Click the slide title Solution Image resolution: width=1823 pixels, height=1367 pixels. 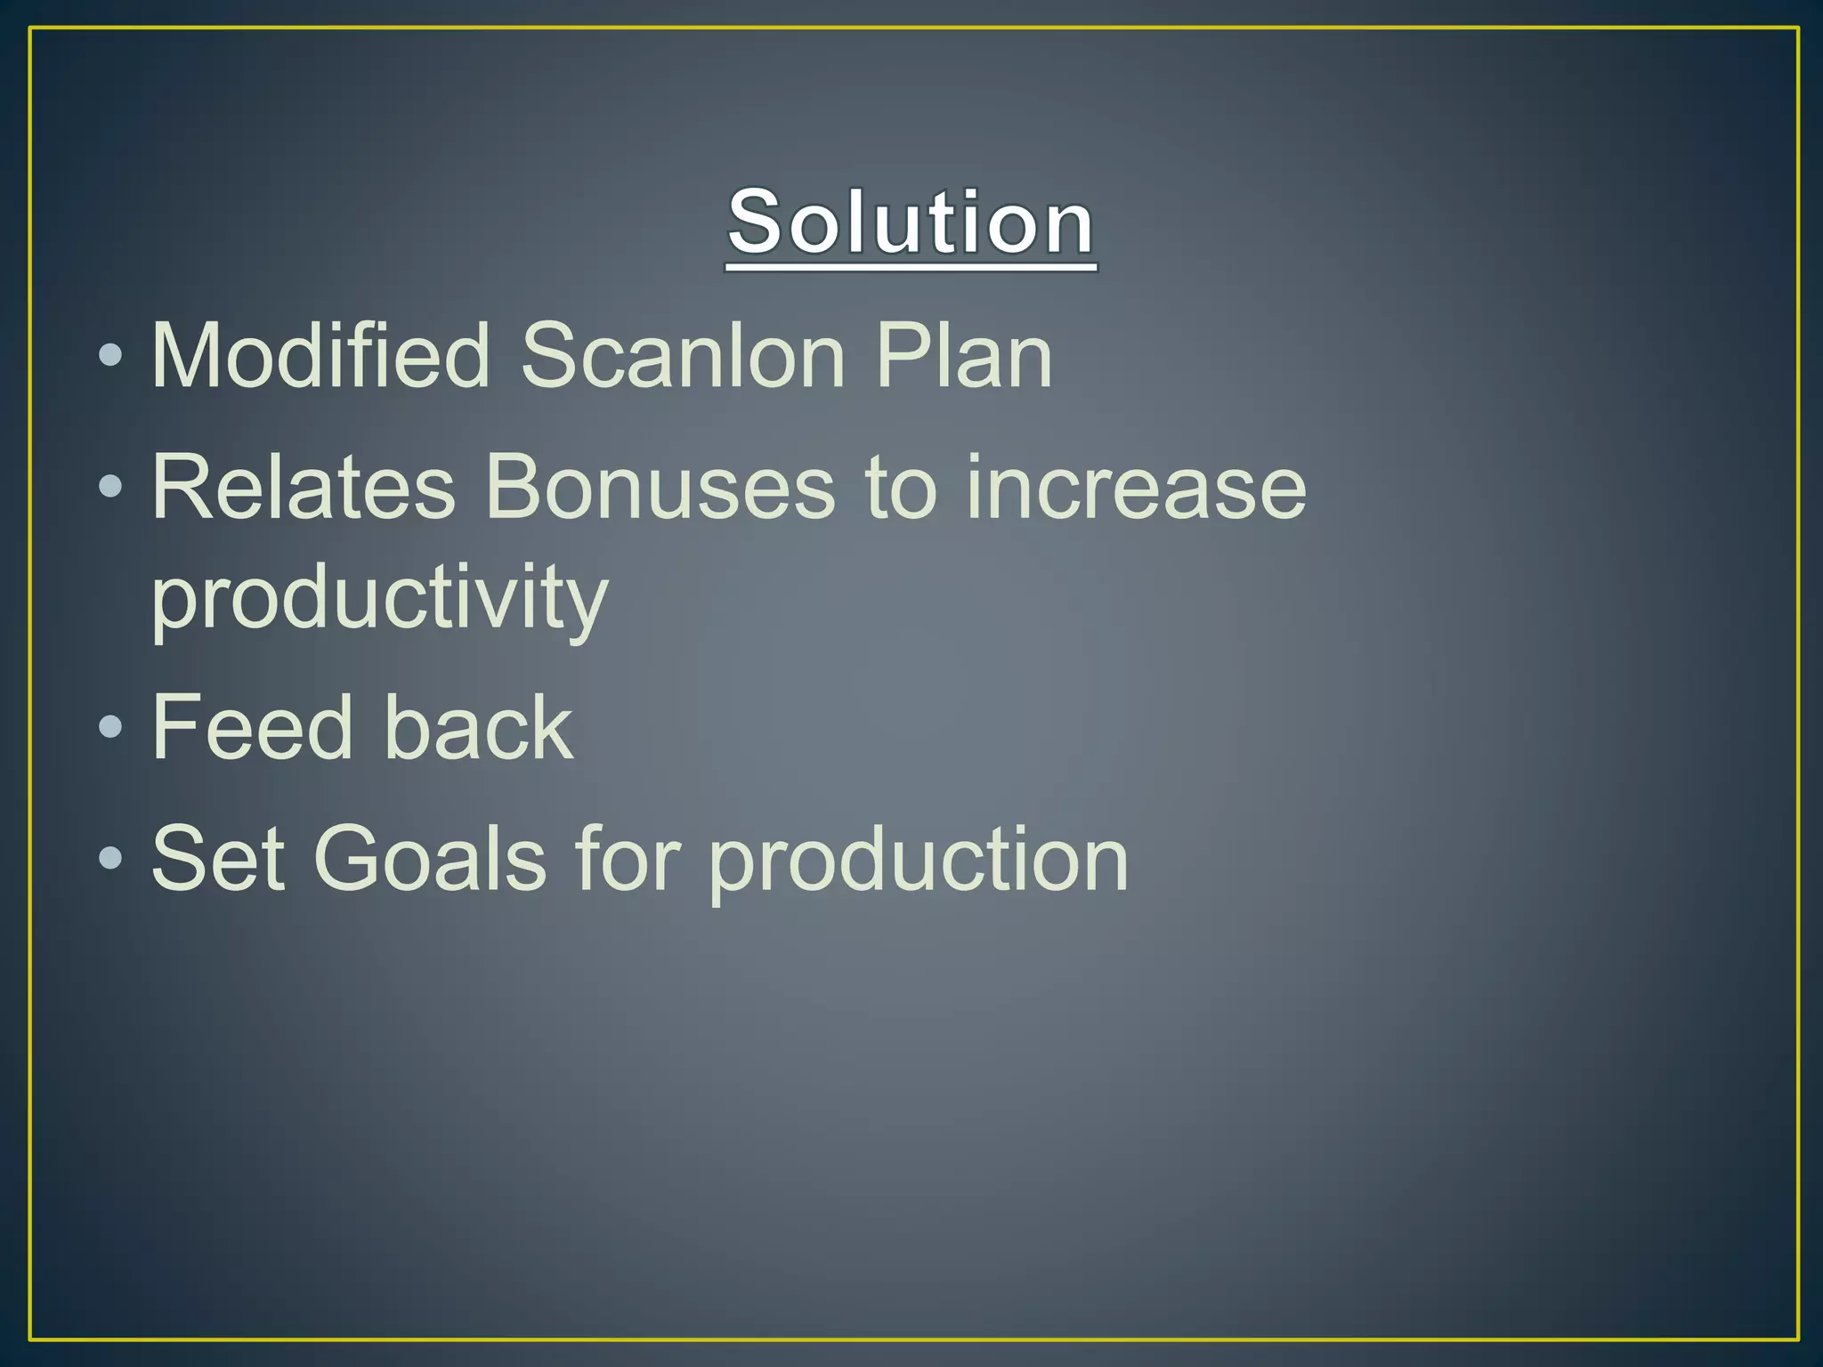(x=911, y=222)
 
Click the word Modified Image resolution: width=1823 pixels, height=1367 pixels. (x=320, y=356)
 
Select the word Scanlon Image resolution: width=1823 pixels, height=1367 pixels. (x=682, y=356)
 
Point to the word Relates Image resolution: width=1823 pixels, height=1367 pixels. (x=304, y=488)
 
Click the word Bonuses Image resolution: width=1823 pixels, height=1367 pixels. (x=660, y=488)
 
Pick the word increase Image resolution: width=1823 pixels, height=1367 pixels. (x=1136, y=488)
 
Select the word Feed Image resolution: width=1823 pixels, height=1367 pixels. (x=253, y=728)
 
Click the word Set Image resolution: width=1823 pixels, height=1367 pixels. (x=218, y=859)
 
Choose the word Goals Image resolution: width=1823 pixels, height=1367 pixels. (x=429, y=859)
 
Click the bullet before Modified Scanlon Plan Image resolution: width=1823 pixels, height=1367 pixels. (x=110, y=356)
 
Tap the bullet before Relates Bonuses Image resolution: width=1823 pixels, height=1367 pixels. (x=110, y=487)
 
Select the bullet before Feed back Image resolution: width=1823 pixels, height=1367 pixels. (x=110, y=727)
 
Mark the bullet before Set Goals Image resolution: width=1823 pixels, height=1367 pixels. (x=110, y=858)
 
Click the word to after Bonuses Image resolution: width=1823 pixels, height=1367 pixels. (x=901, y=488)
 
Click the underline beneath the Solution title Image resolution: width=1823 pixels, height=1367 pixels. (x=911, y=266)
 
